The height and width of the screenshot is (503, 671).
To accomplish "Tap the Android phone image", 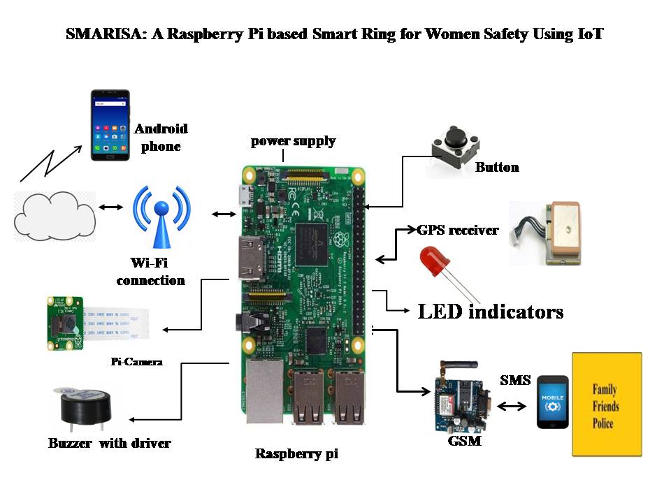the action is pyautogui.click(x=110, y=125).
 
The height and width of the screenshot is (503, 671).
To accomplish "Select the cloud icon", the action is pyautogui.click(x=55, y=216).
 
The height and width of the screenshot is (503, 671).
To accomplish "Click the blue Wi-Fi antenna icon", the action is pyautogui.click(x=161, y=217).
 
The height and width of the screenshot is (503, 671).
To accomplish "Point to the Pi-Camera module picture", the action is pyautogui.click(x=98, y=323).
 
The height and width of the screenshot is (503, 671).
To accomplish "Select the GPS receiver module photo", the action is pyautogui.click(x=545, y=233).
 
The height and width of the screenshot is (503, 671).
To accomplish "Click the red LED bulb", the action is pyautogui.click(x=435, y=261).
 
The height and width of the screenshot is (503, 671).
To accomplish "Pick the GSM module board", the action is pyautogui.click(x=462, y=397).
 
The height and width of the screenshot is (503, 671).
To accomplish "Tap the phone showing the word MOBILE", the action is pyautogui.click(x=552, y=402).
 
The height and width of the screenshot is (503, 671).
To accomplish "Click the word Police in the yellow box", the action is pyautogui.click(x=603, y=424).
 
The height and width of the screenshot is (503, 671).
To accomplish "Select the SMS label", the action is pyautogui.click(x=515, y=380).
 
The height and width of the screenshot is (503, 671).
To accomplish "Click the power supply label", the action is pyautogui.click(x=293, y=141).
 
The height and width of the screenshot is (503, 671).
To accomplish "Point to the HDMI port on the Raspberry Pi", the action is pyautogui.click(x=252, y=258).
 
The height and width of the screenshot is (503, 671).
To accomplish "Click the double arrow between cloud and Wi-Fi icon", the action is pyautogui.click(x=111, y=207).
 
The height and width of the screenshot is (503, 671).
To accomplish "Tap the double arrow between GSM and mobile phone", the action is pyautogui.click(x=512, y=406).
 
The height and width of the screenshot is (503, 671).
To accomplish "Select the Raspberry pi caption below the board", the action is pyautogui.click(x=296, y=454).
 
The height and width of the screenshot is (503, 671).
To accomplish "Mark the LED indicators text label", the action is pyautogui.click(x=491, y=312).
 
